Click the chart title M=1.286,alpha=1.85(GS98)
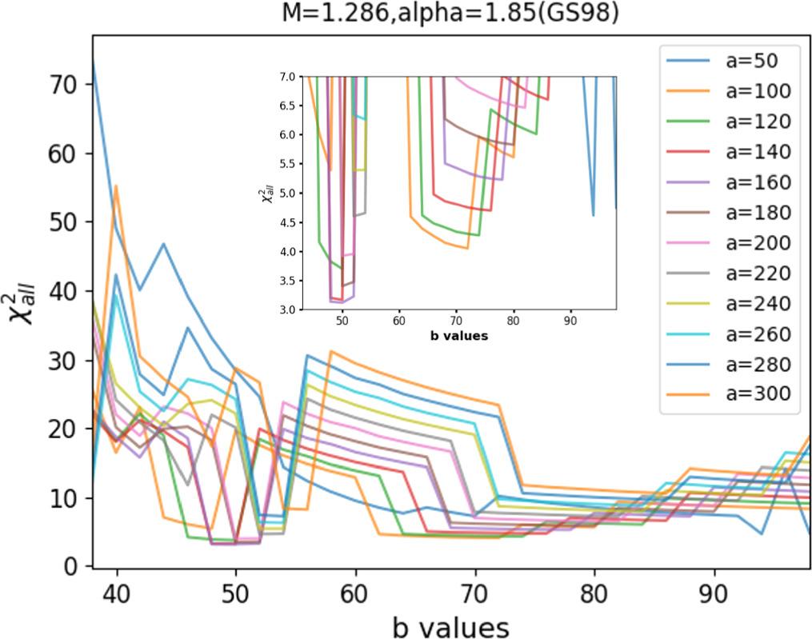click(x=450, y=14)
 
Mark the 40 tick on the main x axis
click(x=117, y=596)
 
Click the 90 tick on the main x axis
click(x=714, y=596)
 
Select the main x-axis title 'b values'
click(x=450, y=627)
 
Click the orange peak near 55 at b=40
click(x=117, y=186)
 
